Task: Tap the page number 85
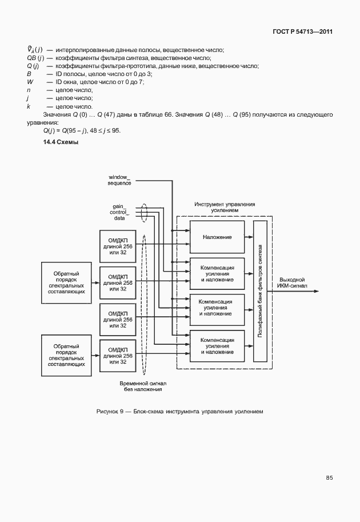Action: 329,477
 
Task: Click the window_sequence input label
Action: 119,180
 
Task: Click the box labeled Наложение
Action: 217,236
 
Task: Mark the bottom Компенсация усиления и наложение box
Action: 217,346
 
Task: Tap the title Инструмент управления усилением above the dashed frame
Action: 225,207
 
